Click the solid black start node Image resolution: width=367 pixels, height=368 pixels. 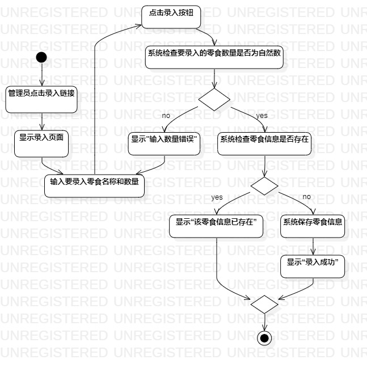click(x=41, y=57)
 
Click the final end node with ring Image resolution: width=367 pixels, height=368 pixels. click(x=264, y=338)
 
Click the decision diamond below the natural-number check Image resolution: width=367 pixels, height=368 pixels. click(x=214, y=99)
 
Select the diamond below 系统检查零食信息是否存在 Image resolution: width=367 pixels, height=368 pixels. click(x=264, y=185)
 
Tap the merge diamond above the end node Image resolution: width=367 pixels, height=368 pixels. click(x=264, y=304)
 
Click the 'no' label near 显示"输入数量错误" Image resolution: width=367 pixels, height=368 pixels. click(x=166, y=116)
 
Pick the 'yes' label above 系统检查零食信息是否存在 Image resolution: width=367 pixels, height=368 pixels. click(x=261, y=116)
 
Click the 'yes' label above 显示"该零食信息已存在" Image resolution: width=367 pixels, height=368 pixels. click(x=216, y=197)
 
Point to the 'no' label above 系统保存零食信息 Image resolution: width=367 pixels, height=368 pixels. click(x=306, y=197)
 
